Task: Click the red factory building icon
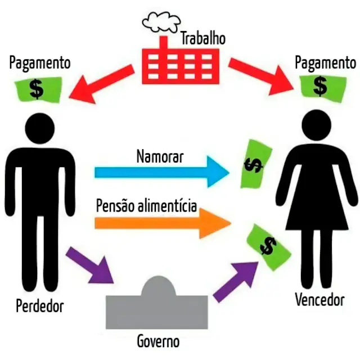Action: pyautogui.click(x=179, y=64)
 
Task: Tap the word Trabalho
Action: pyautogui.click(x=202, y=38)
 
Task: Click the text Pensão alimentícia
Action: pyautogui.click(x=146, y=205)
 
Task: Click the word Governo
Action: pyautogui.click(x=158, y=341)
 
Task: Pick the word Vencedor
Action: pyautogui.click(x=319, y=299)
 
